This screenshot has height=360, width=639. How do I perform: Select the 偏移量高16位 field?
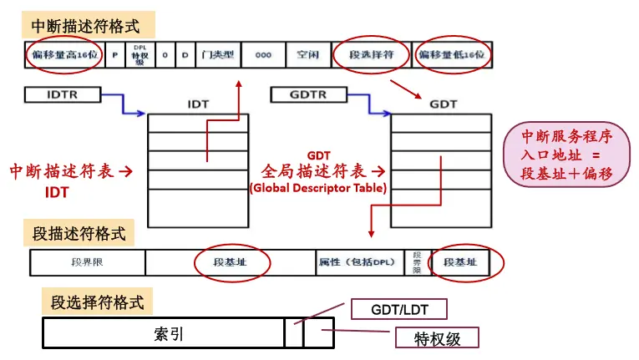pos(63,55)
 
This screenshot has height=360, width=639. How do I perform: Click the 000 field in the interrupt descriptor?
pos(263,55)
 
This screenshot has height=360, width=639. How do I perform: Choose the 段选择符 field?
pos(371,55)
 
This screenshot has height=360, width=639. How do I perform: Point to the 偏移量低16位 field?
pos(452,55)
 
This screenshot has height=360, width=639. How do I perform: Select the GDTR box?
pos(305,94)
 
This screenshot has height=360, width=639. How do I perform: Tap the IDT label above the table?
pos(197,105)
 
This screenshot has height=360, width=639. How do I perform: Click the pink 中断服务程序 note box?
pos(572,156)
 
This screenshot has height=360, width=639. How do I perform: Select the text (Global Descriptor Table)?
pos(318,188)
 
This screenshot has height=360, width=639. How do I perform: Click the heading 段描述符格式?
pos(79,233)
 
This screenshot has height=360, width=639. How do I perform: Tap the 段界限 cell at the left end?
pos(87,262)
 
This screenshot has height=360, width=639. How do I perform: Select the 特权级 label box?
pos(437,337)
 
